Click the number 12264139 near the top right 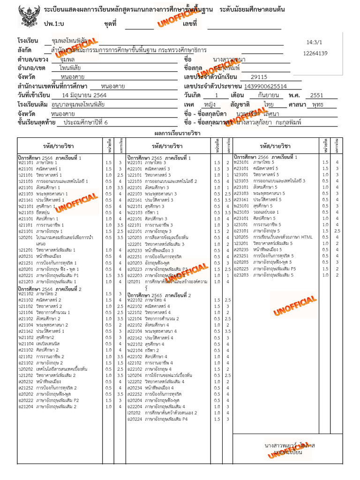(x=315, y=53)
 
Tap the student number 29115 (x=259, y=77)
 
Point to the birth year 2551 (x=323, y=95)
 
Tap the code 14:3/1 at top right (x=314, y=42)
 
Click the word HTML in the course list (x=307, y=237)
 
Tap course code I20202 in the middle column (x=134, y=413)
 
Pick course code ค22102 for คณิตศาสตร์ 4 (x=135, y=306)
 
